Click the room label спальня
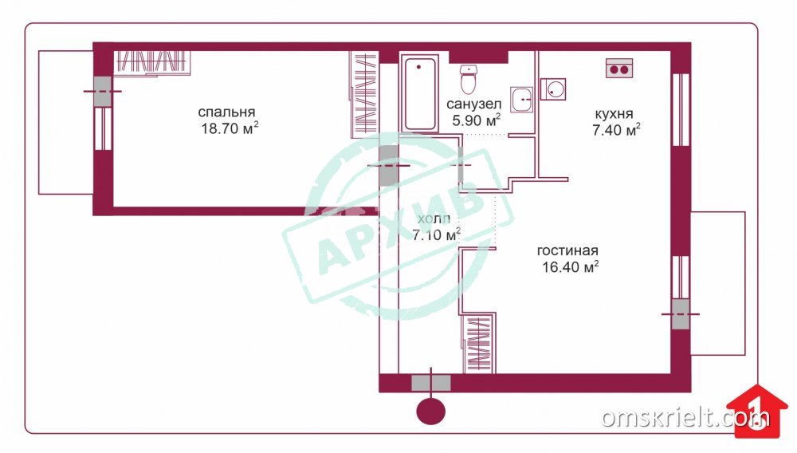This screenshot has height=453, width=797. point(226,112)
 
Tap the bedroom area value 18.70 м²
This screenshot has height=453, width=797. point(230,128)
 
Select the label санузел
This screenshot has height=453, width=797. point(473,104)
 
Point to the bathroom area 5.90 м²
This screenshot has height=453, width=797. point(477,120)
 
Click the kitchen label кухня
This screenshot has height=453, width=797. point(614,113)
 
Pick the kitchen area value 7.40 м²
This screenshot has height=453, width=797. point(616,130)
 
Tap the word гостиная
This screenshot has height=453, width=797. point(567,250)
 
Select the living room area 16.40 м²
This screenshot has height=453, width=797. point(570,267)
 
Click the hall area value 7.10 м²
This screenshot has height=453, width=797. point(436,235)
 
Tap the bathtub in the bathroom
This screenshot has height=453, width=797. point(419,93)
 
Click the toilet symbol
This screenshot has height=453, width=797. point(468,78)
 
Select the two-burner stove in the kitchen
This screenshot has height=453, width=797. point(619,68)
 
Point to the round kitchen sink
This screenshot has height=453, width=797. point(552,89)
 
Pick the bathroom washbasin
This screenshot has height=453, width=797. point(521,99)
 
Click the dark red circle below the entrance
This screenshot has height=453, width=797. point(431,411)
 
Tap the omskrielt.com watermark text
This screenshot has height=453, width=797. point(685,417)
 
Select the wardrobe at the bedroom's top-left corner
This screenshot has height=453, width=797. point(151,62)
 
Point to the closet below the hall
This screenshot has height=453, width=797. point(479,343)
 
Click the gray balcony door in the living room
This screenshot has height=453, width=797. point(680,313)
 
